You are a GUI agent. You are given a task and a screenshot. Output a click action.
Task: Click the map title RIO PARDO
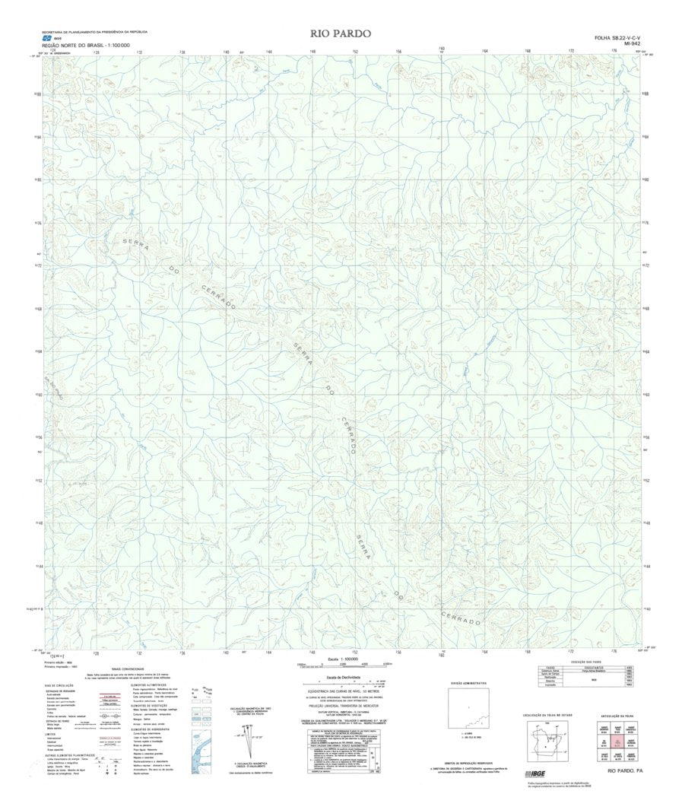point(340,33)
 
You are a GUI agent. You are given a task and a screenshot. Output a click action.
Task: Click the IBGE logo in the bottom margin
point(538,774)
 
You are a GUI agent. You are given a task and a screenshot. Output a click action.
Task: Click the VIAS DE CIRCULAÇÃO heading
point(62,685)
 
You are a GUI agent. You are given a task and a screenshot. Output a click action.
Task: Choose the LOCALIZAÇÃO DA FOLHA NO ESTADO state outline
point(546,737)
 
